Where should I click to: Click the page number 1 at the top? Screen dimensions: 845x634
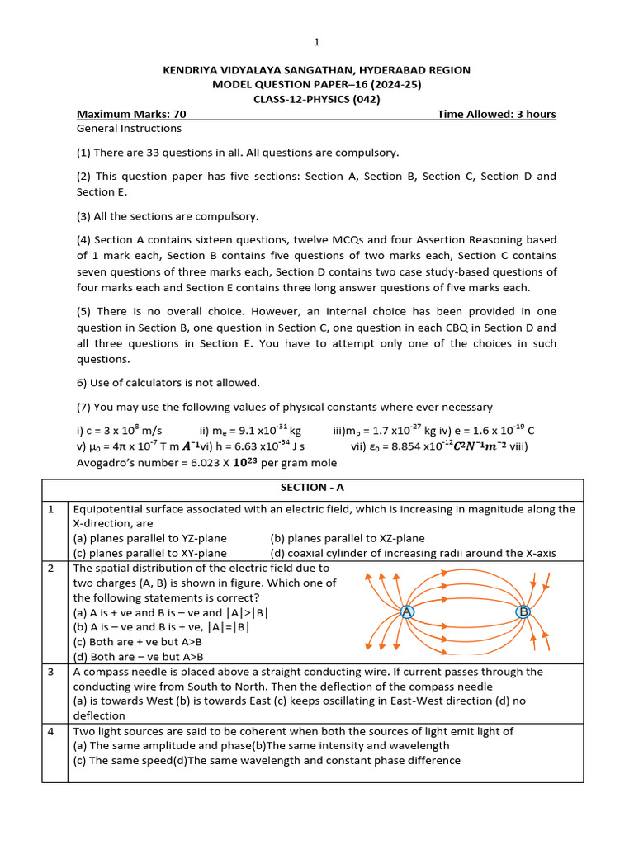pyautogui.click(x=316, y=42)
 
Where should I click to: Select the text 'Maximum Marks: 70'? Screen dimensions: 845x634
pyautogui.click(x=131, y=114)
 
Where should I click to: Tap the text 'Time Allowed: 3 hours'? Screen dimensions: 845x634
pyautogui.click(x=496, y=114)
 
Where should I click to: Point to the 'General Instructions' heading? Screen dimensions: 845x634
pyautogui.click(x=129, y=129)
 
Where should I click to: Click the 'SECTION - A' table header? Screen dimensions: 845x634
pyautogui.click(x=316, y=489)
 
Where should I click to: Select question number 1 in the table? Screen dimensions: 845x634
pyautogui.click(x=51, y=509)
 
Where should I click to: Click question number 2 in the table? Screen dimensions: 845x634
pyautogui.click(x=51, y=569)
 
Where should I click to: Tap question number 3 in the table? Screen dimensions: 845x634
pyautogui.click(x=51, y=672)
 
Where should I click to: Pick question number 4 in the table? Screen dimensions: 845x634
pyautogui.click(x=51, y=731)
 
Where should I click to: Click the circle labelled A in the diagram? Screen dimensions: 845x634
pyautogui.click(x=407, y=611)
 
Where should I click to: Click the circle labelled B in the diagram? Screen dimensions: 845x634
pyautogui.click(x=523, y=611)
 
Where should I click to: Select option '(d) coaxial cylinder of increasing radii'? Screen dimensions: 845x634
pyautogui.click(x=421, y=553)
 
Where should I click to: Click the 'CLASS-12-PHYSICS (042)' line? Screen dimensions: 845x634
pyautogui.click(x=316, y=99)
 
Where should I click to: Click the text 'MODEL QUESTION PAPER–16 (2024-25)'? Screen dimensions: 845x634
pyautogui.click(x=316, y=85)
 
